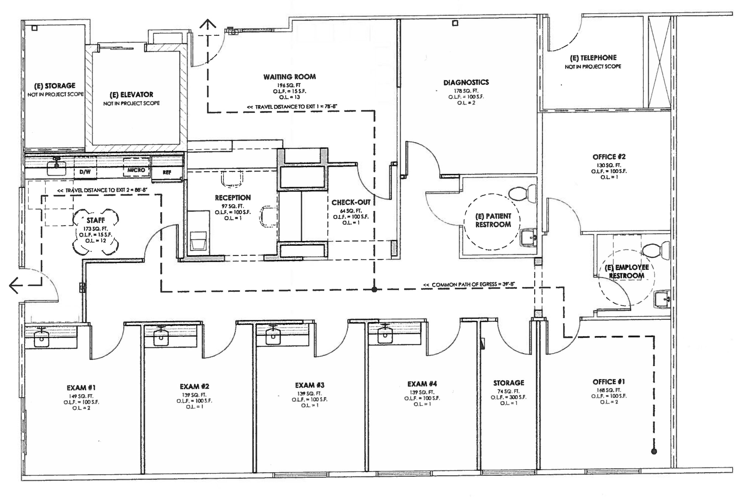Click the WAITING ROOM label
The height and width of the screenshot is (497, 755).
point(289,77)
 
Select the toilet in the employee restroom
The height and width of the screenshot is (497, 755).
point(655,250)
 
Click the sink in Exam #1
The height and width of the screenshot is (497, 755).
point(41,338)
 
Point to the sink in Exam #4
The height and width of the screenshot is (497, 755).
point(385,335)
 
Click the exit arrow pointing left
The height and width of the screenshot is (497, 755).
point(15,285)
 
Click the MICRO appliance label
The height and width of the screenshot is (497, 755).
point(136,170)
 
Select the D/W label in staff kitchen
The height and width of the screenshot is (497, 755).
point(85,172)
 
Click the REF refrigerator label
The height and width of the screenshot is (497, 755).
point(167,172)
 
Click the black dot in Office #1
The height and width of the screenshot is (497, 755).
point(654,451)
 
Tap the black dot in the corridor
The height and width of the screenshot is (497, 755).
point(374,290)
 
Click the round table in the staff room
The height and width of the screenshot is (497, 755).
point(95,232)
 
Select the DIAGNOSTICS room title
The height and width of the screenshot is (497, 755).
point(466,82)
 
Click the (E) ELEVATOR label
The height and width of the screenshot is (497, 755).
point(131,95)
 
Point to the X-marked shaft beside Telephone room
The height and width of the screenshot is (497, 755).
point(659,62)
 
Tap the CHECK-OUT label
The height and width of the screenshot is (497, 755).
point(351,202)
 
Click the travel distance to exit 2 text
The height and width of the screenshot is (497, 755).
point(102,190)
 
